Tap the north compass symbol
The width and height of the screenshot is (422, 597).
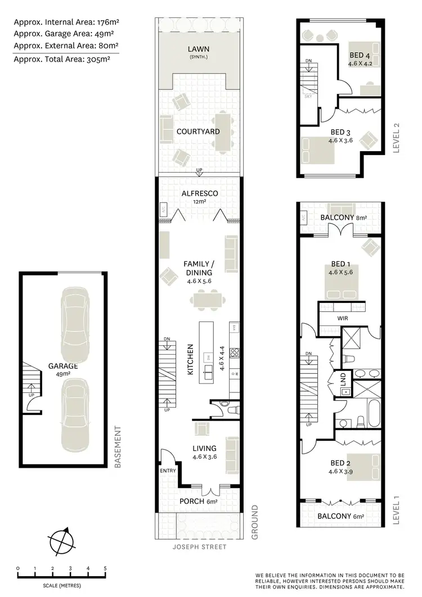(x=61, y=543)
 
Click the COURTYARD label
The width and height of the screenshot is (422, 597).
(x=197, y=132)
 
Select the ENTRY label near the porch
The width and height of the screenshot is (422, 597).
(x=168, y=471)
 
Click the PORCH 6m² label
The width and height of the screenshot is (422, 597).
(x=197, y=501)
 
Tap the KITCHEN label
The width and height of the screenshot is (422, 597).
(x=190, y=363)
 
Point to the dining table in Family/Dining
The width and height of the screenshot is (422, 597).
(x=213, y=296)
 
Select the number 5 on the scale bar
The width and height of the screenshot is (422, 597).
(x=105, y=569)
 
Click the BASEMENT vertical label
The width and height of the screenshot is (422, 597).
(x=118, y=447)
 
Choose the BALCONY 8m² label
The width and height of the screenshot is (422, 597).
(x=343, y=218)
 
